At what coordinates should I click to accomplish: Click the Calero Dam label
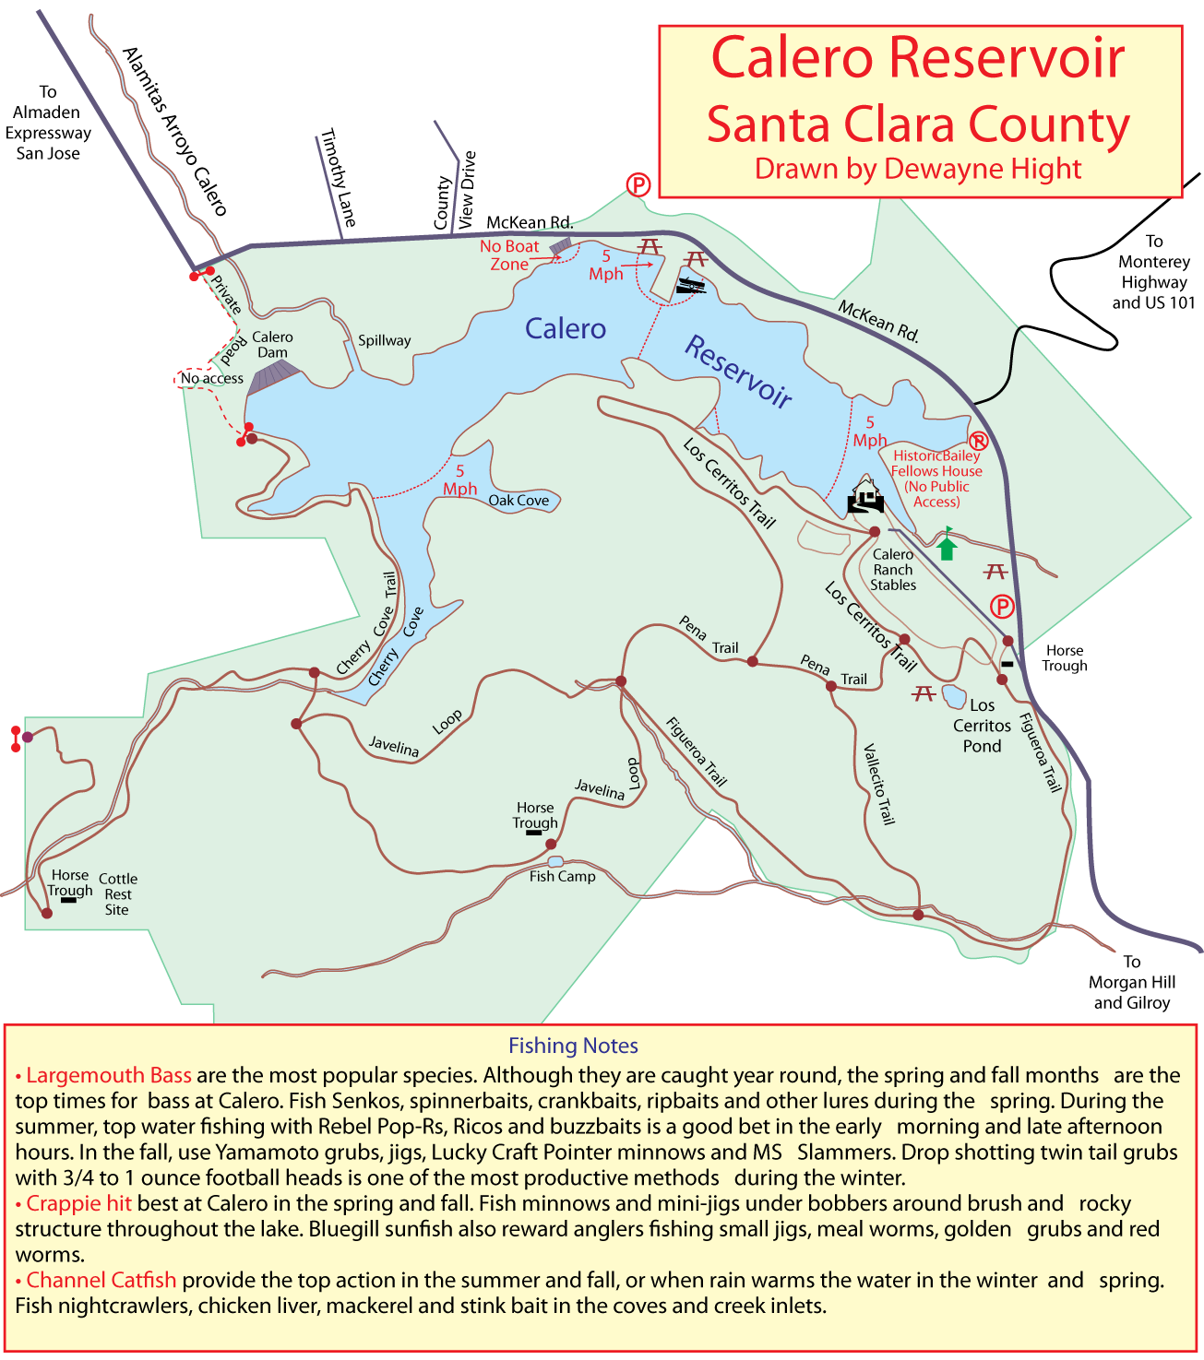(x=272, y=345)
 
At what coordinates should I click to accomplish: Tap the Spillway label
(x=384, y=340)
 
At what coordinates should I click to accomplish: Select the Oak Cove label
(x=519, y=501)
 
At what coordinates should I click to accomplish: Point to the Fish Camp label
(x=562, y=877)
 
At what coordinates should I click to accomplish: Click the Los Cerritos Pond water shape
(x=953, y=695)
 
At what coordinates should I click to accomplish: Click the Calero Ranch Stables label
(x=893, y=570)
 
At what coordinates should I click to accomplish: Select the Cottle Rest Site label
(x=118, y=894)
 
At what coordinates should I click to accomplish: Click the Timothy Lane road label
(x=337, y=178)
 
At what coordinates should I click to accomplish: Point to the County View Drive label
(x=455, y=192)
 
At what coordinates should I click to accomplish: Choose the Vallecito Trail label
(x=878, y=784)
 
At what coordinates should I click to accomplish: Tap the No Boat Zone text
(x=509, y=255)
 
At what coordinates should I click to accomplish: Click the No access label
(x=211, y=378)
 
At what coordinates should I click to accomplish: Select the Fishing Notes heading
(x=573, y=1046)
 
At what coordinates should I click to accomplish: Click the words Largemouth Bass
(x=109, y=1075)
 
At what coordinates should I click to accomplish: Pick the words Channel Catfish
(x=101, y=1280)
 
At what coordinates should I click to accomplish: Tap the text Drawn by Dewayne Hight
(x=918, y=169)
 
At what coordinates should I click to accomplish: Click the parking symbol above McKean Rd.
(x=638, y=185)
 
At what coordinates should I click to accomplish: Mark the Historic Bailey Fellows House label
(x=936, y=479)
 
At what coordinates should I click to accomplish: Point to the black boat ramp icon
(x=690, y=286)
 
